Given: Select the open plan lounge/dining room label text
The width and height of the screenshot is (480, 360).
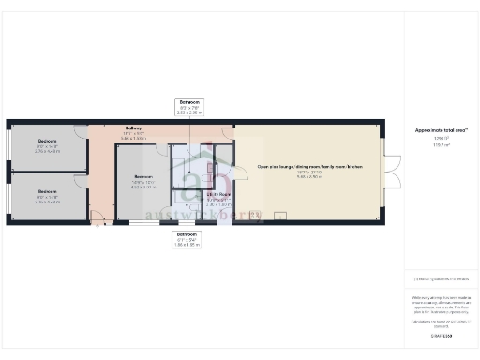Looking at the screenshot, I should coord(309,167).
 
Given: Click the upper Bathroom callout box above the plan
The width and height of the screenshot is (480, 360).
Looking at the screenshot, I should coord(188,109).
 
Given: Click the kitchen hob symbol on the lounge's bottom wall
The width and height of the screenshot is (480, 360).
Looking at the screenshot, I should coord(280,215).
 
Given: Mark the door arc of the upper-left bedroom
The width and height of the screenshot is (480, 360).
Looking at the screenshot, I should coord(82,130).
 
